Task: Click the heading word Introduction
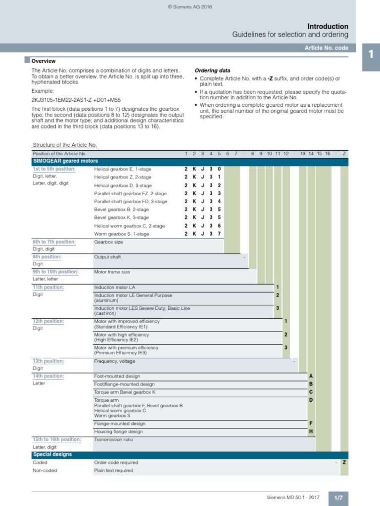coord(328,26)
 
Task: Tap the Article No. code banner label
coord(327,48)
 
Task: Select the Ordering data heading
coord(212,70)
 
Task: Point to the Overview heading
coord(44,61)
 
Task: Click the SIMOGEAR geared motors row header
coord(65,161)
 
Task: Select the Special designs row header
coord(52,454)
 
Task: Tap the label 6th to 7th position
coord(54,242)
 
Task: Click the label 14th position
coord(48,376)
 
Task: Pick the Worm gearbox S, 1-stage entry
coord(121,234)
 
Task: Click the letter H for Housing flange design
coord(311,431)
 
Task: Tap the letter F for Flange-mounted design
coord(311,423)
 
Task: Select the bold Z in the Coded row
coord(344,463)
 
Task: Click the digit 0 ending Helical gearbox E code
coord(219,169)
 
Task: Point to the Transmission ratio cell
coord(113,439)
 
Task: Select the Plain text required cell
coord(113,470)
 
